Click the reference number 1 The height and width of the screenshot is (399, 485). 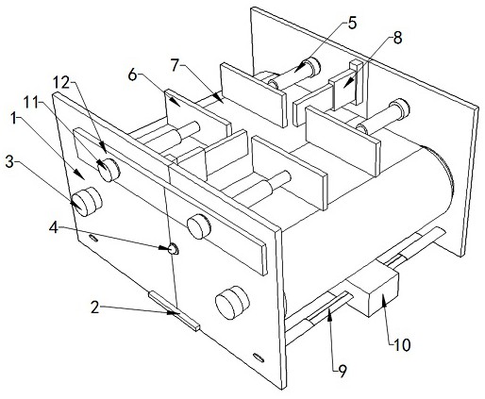click(x=13, y=119)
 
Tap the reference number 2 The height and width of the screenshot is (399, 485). click(x=94, y=307)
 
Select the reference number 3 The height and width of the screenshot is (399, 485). click(x=9, y=163)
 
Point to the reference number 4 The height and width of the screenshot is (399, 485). click(x=54, y=227)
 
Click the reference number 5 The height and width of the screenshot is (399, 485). click(x=352, y=23)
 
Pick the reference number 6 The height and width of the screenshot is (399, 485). click(x=132, y=75)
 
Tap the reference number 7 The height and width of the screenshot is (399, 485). click(x=176, y=65)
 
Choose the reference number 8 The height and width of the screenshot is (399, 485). click(x=397, y=38)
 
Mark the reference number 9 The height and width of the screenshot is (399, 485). click(x=342, y=372)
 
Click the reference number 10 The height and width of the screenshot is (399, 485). click(x=402, y=345)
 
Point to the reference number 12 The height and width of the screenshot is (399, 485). click(x=61, y=82)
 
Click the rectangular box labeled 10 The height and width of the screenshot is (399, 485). click(x=373, y=291)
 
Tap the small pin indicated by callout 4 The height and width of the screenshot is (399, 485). click(x=174, y=250)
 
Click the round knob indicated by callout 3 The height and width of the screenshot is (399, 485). click(x=87, y=201)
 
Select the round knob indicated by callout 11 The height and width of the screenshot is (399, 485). click(x=109, y=170)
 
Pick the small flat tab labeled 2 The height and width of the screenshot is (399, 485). click(x=174, y=311)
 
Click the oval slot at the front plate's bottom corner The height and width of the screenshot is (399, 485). click(x=259, y=357)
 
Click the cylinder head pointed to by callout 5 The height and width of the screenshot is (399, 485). click(x=312, y=67)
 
